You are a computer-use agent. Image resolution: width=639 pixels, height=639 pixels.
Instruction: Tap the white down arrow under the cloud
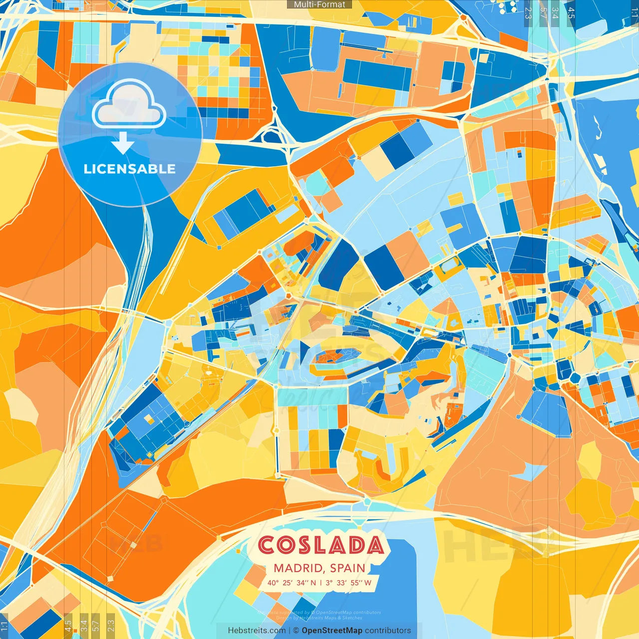[x=123, y=143]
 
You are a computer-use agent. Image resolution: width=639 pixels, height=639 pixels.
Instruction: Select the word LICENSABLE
[x=130, y=169]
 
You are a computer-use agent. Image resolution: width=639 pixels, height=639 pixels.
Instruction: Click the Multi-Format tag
[x=319, y=4]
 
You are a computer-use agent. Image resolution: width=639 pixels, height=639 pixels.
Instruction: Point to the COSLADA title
[x=321, y=545]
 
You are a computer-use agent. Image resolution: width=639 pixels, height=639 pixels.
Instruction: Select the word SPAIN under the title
[x=348, y=568]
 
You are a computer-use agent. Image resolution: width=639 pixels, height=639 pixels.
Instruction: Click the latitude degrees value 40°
[x=273, y=583]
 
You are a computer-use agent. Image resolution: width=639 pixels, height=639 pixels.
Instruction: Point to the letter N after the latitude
[x=313, y=583]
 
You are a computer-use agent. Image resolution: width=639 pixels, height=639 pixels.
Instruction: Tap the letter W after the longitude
[x=368, y=583]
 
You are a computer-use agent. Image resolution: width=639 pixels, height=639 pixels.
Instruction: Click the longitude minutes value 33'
[x=342, y=583]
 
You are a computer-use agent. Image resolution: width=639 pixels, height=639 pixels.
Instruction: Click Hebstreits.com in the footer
[x=257, y=631]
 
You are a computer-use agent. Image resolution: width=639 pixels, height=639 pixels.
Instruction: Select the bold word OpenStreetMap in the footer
[x=332, y=631]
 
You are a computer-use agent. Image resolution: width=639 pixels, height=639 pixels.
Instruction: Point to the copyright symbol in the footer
[x=296, y=631]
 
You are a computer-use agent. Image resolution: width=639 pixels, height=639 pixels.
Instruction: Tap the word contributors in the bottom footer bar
[x=388, y=631]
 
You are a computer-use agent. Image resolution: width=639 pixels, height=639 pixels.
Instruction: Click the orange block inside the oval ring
[x=331, y=357]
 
